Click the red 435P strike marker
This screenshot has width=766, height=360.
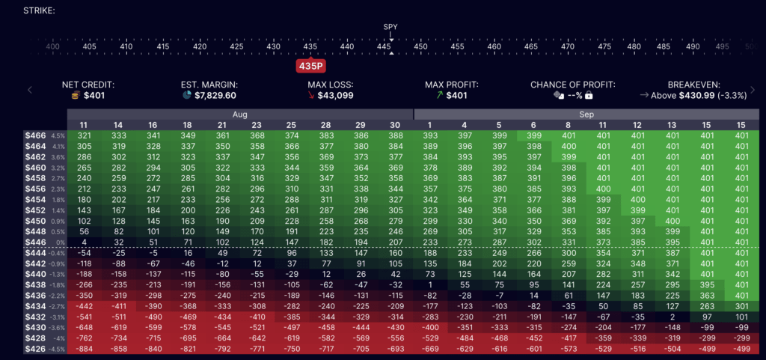pos(310,65)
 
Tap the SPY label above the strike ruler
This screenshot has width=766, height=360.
pos(390,27)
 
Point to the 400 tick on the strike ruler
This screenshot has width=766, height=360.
pos(52,46)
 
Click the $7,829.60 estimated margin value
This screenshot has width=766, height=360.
pos(209,96)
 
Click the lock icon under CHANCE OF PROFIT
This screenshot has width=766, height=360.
pos(589,96)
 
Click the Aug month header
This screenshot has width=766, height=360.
pos(240,114)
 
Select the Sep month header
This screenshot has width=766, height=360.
pos(586,114)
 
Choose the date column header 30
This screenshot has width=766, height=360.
pos(396,124)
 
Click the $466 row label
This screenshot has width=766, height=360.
pos(36,135)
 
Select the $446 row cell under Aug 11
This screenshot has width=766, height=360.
pos(84,242)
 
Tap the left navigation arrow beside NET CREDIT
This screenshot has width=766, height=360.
pos(30,90)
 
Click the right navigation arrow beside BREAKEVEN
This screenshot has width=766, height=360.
pos(755,90)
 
